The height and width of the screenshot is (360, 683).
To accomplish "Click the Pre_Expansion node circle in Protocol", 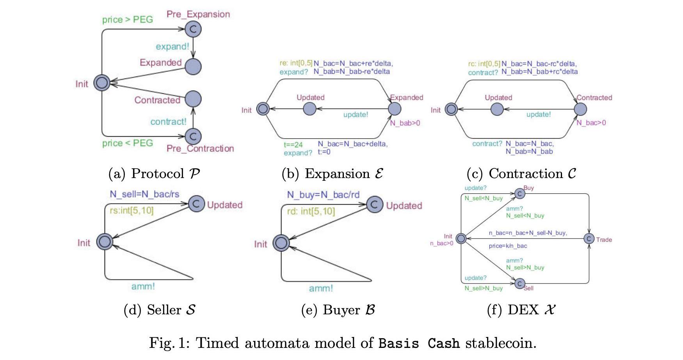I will coord(193,29).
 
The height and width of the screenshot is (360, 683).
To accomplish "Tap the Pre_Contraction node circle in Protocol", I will coord(193,136).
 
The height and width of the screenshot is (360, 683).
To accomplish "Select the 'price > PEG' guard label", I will coord(127,20).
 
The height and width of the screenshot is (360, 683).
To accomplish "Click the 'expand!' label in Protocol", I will coord(172,46).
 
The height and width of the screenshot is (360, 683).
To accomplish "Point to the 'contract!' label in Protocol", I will coord(168,121).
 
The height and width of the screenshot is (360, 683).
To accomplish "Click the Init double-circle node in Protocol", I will coord(102,83).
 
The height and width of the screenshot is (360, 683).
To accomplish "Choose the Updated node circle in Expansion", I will coord(309,109).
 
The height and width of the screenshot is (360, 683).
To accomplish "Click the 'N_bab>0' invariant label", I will coord(405,123).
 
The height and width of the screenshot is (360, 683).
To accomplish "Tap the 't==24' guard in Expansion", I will coord(293,144).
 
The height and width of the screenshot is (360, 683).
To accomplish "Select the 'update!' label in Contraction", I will coord(538,114).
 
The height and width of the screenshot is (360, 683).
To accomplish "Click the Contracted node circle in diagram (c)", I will coord(580,109).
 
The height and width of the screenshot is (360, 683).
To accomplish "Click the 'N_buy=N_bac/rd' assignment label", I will coord(323,195).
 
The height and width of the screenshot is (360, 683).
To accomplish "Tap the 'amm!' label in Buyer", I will coord(321,288).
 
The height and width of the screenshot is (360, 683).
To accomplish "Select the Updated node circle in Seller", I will coord(196,203).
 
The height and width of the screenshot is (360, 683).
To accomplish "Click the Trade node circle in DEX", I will coord(589,239).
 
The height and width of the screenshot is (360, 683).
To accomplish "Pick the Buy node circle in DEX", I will coord(519,193).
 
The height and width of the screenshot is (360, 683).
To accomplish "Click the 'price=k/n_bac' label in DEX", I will coord(508,246).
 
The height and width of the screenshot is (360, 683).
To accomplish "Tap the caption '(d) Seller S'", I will coord(159,310).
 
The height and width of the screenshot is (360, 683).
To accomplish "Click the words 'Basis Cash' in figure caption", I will coord(419,343).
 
